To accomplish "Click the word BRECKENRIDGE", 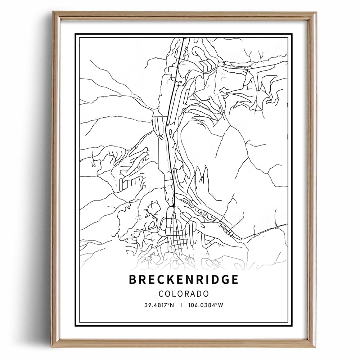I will (183, 280).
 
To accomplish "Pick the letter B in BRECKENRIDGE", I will (133, 280).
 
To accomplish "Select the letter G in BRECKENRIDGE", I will (224, 280).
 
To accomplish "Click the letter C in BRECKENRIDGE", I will (154, 280).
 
